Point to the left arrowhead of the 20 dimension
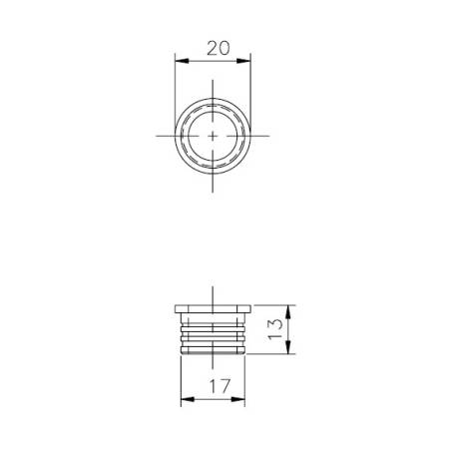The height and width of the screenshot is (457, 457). click(x=180, y=60)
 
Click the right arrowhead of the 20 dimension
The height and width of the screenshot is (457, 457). click(x=246, y=60)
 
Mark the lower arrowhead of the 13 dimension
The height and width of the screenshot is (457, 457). click(x=287, y=349)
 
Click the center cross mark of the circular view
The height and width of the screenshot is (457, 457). click(x=213, y=134)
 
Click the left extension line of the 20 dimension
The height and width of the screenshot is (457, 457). click(x=176, y=80)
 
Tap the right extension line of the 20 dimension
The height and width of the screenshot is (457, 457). click(x=250, y=80)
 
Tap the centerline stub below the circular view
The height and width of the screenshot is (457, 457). click(x=213, y=184)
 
